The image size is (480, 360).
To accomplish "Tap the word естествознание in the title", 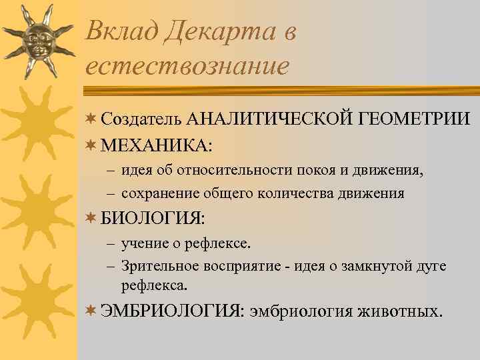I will tap(187, 66).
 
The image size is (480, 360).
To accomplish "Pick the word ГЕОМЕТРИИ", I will tap(414, 119).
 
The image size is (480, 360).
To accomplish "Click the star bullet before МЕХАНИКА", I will tap(91, 144).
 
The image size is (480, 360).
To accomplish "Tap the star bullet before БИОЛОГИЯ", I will tap(91, 217).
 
